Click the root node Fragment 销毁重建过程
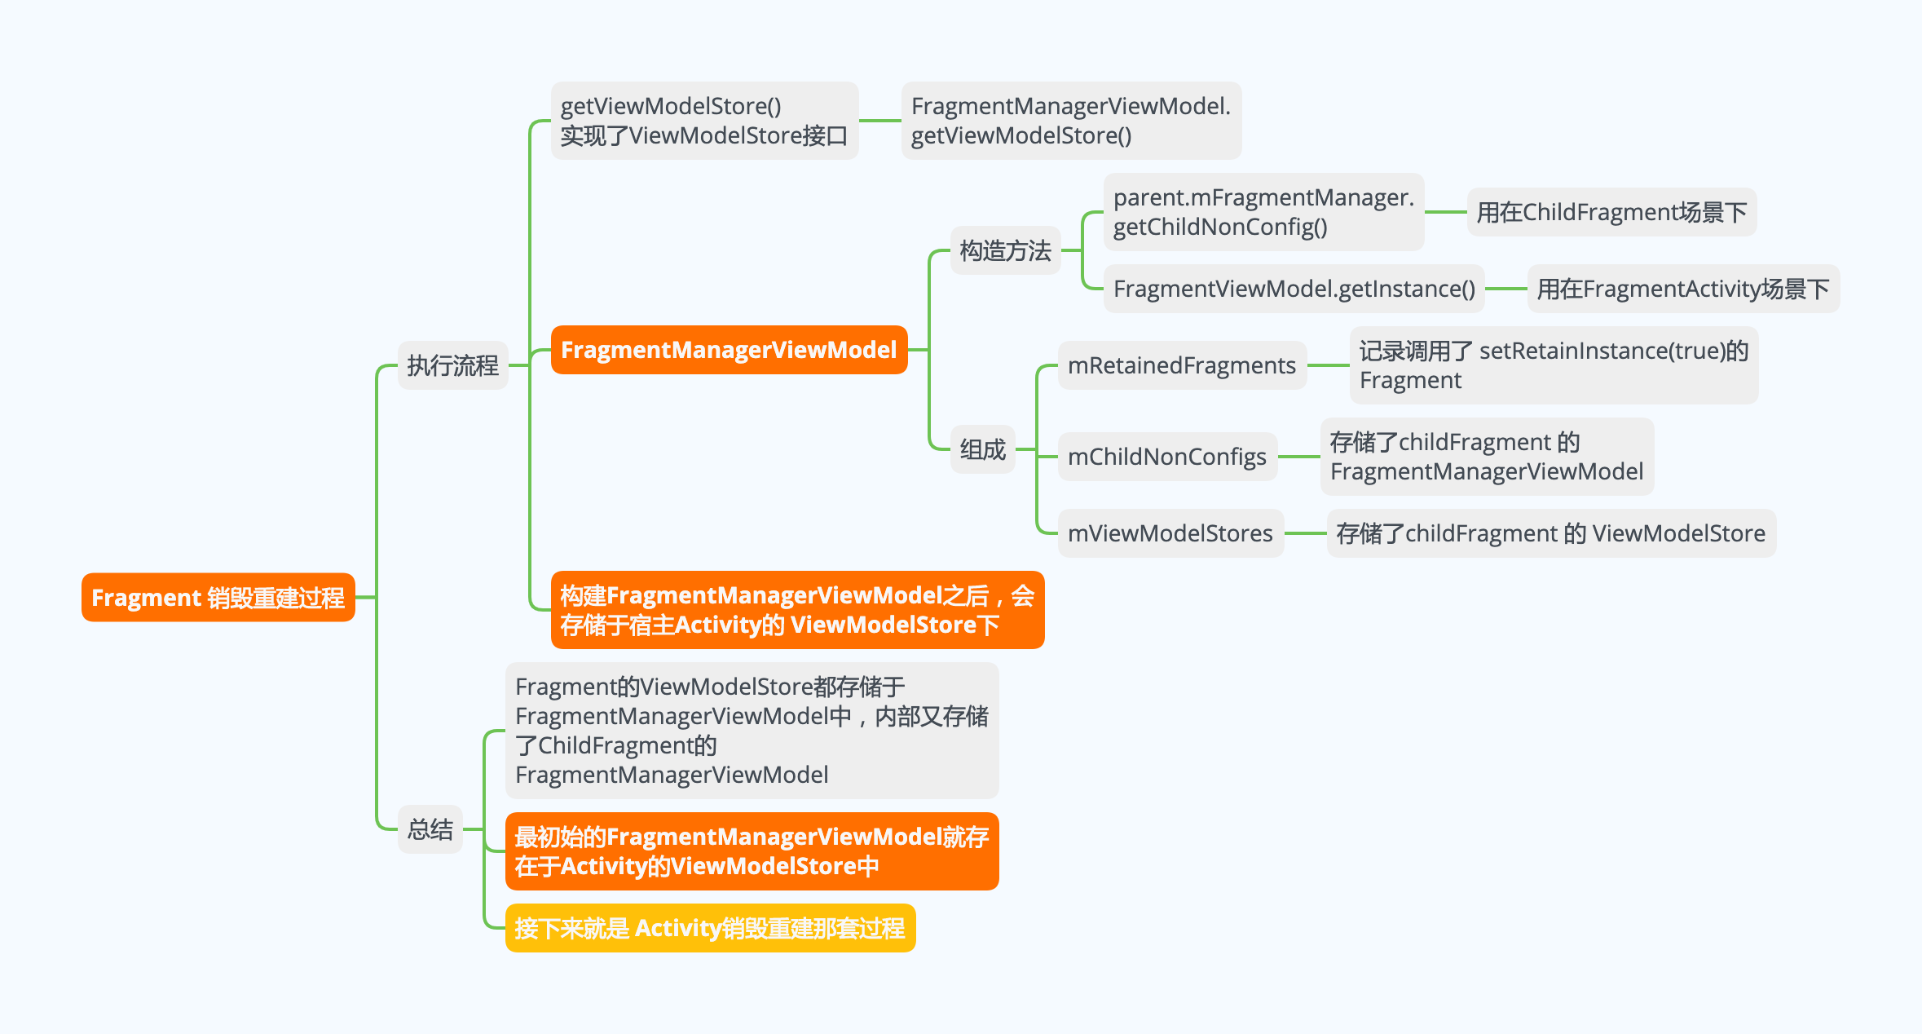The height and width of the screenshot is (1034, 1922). coord(218,597)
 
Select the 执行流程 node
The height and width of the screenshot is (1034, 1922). coord(452,365)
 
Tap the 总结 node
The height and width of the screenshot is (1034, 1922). coord(430,829)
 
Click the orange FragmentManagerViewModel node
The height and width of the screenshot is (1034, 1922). coord(729,350)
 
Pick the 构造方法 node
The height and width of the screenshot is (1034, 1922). coord(1005,250)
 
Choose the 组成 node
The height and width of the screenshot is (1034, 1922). coord(982,449)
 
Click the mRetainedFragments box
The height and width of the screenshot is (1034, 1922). coord(1181,365)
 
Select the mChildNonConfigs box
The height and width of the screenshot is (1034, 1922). coord(1166,457)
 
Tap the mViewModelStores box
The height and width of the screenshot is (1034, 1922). coord(1170,533)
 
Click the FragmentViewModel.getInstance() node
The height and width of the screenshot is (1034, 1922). coord(1294,289)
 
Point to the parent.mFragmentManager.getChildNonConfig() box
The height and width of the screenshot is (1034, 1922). coord(1263,212)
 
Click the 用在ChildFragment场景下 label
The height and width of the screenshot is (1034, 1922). coord(1611,212)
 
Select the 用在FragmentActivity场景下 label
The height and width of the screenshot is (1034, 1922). coord(1682,289)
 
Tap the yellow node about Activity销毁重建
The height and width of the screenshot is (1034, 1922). coord(710,928)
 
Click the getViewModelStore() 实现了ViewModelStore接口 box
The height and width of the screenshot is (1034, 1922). coord(704,121)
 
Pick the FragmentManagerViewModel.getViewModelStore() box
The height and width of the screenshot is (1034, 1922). coord(1070,121)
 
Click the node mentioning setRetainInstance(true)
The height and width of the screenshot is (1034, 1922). coord(1553,365)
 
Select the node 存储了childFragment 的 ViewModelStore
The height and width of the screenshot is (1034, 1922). coord(1550,533)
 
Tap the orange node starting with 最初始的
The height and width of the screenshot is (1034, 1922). coord(752,851)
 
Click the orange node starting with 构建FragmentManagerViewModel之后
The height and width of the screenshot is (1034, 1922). coord(796,610)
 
